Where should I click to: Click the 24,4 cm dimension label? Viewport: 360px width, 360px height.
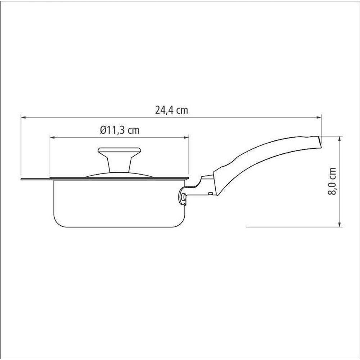(172, 110)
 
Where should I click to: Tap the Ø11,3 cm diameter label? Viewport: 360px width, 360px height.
(120, 130)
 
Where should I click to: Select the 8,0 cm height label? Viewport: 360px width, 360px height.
(332, 181)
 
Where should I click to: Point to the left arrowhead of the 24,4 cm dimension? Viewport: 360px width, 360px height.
(23, 118)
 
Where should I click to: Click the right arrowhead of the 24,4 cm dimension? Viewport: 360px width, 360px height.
(319, 118)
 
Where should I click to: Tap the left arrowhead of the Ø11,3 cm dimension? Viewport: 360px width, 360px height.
(52, 138)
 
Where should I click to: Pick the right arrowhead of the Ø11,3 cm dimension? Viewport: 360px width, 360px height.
(186, 138)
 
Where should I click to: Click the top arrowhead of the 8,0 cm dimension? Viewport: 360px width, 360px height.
(339, 139)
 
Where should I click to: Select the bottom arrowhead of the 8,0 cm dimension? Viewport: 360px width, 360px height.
(339, 224)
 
